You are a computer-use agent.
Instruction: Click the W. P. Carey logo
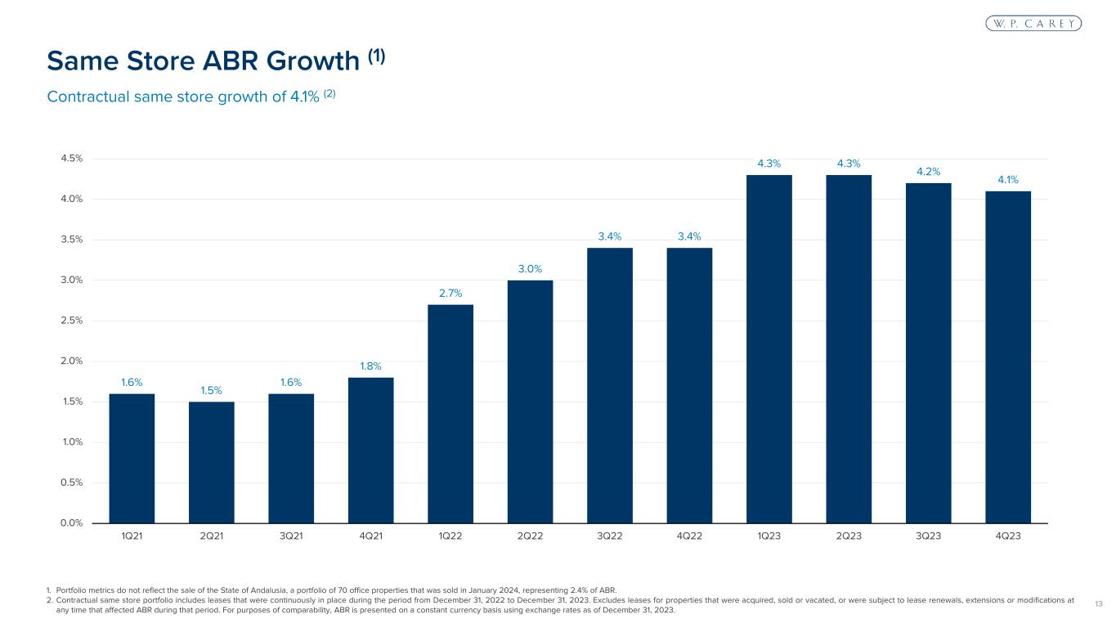(x=1033, y=24)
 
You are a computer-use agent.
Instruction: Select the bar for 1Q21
(x=132, y=458)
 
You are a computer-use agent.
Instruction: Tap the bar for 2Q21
(x=211, y=462)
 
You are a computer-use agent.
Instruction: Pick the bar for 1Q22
(x=450, y=413)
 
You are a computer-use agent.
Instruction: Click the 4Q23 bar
(x=1008, y=357)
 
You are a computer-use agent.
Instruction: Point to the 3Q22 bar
(x=610, y=385)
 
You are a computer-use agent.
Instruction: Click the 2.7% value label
(x=450, y=293)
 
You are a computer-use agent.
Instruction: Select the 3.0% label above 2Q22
(x=530, y=269)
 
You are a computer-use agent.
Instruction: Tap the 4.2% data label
(x=929, y=172)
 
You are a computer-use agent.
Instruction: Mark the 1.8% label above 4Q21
(x=370, y=366)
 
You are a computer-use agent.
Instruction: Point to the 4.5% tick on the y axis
(x=70, y=159)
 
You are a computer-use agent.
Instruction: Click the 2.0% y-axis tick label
(x=70, y=361)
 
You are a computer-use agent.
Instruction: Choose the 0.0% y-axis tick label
(x=70, y=523)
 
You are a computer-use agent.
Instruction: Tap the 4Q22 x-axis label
(x=689, y=536)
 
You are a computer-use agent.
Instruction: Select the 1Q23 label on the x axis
(x=769, y=536)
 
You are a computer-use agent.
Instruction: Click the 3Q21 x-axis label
(x=291, y=536)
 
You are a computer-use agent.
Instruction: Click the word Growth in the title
(x=313, y=61)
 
